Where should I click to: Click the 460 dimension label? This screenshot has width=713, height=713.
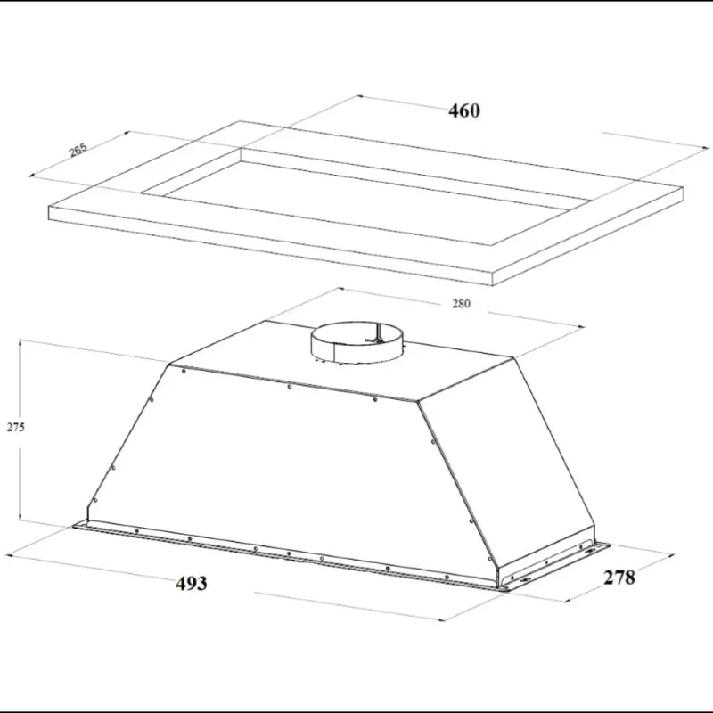(463, 111)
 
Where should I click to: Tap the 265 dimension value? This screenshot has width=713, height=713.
(78, 150)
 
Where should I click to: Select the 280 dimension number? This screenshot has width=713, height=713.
(461, 304)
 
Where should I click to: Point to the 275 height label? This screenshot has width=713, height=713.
(15, 427)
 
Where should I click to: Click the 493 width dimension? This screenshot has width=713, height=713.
(192, 583)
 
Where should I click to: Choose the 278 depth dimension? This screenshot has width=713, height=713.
(619, 578)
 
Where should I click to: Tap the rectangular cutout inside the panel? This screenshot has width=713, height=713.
(364, 196)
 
